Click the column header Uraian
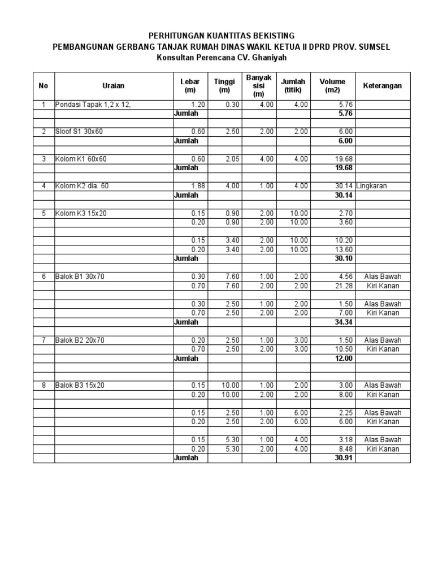[114, 86]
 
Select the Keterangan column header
[383, 86]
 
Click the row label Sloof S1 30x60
[79, 132]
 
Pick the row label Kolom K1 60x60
[81, 159]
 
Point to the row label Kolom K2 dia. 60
[82, 186]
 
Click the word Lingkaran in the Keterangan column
[371, 186]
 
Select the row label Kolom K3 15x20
[81, 213]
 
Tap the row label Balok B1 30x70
[81, 276]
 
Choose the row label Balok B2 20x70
[81, 340]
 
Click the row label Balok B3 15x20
[81, 385]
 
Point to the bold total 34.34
[344, 322]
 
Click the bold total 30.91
[344, 457]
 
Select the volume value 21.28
[344, 286]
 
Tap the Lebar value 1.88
[198, 186]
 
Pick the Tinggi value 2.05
[232, 159]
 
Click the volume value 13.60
[344, 249]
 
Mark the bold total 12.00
[344, 358]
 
